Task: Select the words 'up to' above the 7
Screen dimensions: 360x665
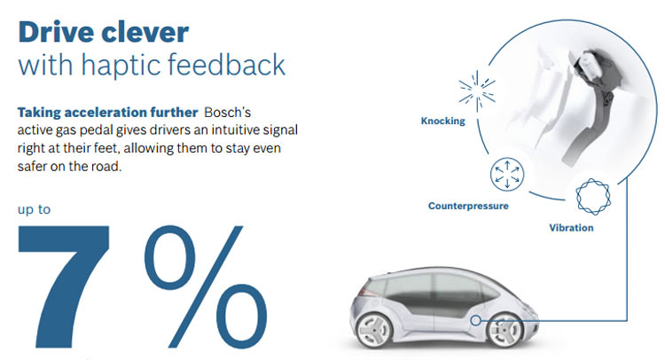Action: (37, 212)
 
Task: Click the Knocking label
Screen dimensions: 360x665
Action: (442, 121)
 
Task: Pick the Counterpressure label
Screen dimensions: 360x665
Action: (468, 206)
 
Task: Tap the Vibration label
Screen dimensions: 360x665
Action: (571, 228)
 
